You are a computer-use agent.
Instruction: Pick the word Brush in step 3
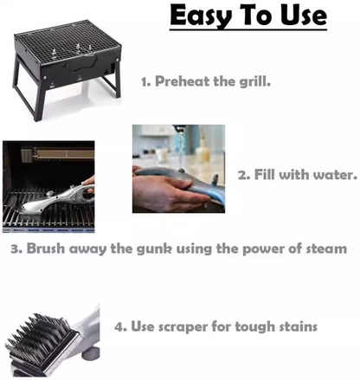pyautogui.click(x=48, y=248)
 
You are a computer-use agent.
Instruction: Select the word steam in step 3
pyautogui.click(x=325, y=248)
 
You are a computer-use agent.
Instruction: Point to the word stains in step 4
pyautogui.click(x=295, y=326)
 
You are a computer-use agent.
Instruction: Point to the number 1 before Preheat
pyautogui.click(x=145, y=83)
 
